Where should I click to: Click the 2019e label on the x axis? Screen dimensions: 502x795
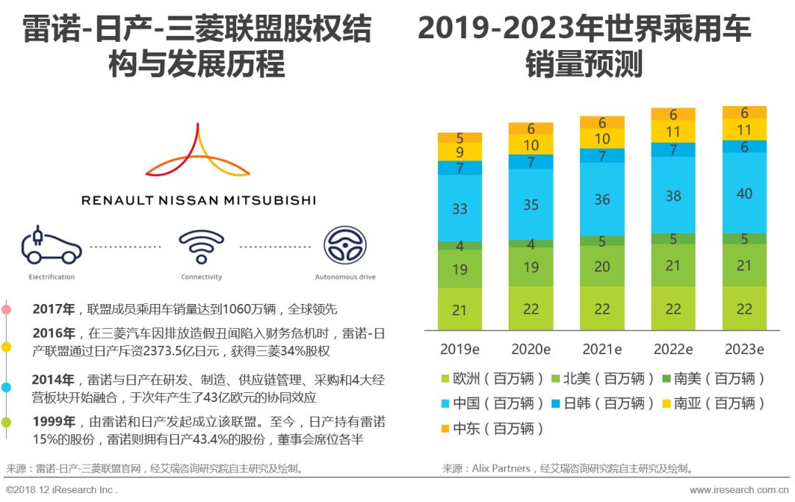460,349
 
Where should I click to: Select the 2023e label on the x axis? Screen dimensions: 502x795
744,349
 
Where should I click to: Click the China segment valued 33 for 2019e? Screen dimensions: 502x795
460,208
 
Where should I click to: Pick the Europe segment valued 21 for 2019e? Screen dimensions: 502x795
460,310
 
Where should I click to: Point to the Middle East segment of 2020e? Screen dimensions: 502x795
531,129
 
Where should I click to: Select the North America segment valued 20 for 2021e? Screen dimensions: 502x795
602,266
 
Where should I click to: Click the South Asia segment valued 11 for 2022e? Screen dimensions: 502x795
674,132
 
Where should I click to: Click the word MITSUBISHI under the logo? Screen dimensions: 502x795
273,199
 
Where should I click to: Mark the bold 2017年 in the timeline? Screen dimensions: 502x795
53,309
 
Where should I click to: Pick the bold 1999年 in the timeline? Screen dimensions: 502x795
53,422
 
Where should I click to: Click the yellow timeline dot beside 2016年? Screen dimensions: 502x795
6,346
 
